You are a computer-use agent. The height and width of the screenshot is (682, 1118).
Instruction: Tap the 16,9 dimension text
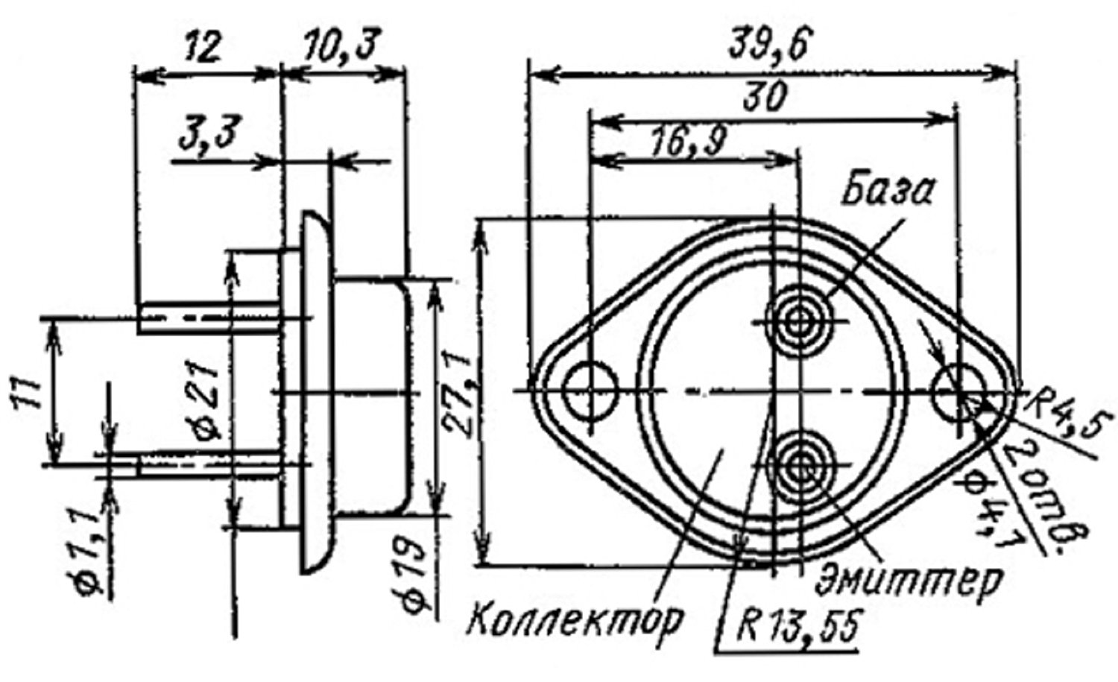point(689,142)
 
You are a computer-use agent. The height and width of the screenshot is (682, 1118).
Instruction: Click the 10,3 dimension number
point(341,45)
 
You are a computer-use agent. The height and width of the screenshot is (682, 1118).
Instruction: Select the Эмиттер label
point(909,580)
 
